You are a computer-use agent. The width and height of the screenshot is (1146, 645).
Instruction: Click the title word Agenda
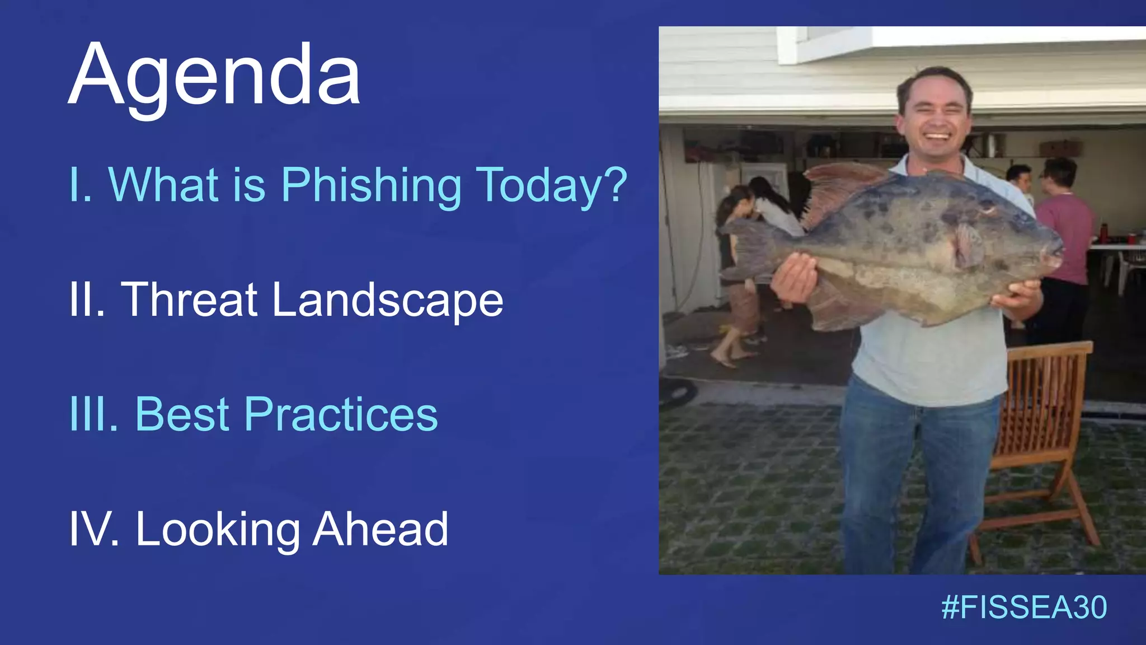(x=214, y=76)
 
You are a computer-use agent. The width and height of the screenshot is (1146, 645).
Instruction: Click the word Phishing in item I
(x=370, y=185)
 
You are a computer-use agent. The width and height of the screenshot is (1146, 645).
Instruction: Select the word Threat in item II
(x=189, y=300)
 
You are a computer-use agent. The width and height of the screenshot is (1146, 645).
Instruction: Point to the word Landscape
(x=387, y=301)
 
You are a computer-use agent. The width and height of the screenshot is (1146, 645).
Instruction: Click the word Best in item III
(x=182, y=415)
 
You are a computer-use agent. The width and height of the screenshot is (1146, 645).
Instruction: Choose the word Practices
(x=341, y=415)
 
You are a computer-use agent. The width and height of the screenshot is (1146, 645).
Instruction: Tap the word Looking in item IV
(x=218, y=530)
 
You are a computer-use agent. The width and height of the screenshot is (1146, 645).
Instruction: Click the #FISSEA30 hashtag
(x=1023, y=607)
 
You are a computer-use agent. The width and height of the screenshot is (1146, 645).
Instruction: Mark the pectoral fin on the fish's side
(x=968, y=244)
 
